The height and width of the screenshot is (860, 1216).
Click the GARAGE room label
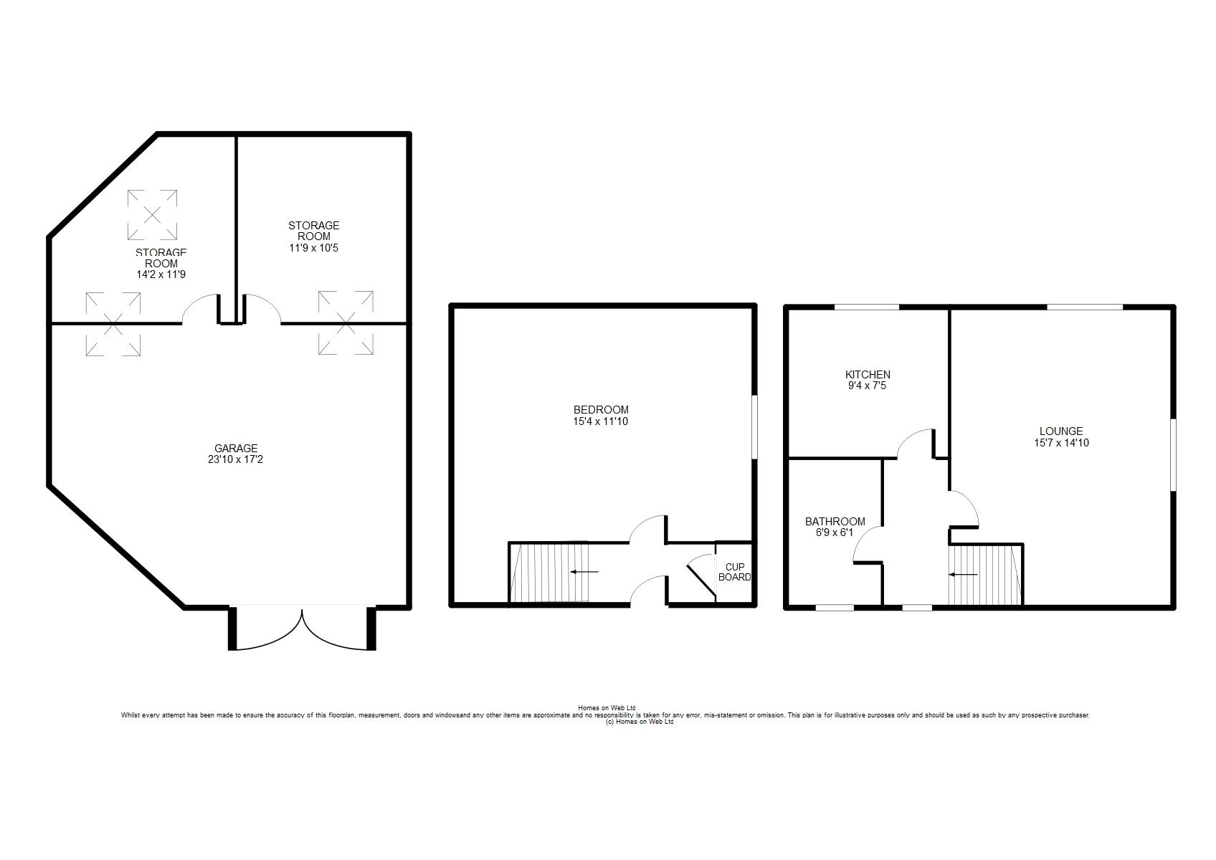236,448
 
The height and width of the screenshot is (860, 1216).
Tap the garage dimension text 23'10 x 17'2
235,459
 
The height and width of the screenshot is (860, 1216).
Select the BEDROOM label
601,410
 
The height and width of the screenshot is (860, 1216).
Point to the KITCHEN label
868,374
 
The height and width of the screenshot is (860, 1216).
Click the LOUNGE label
1061,431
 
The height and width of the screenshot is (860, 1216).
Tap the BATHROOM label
835,522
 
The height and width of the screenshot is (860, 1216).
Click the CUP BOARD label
735,572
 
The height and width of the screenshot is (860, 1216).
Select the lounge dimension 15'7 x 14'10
1061,443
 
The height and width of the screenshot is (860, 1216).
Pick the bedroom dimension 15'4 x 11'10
600,421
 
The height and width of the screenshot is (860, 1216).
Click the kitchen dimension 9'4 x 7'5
867,386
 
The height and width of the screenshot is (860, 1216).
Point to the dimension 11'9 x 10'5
314,248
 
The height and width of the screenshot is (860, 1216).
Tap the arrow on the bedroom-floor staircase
584,571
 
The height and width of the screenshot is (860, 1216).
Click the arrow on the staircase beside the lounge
963,574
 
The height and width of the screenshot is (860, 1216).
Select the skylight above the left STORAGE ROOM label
152,215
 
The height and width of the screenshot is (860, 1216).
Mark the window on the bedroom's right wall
754,427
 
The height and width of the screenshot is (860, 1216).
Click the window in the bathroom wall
835,608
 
